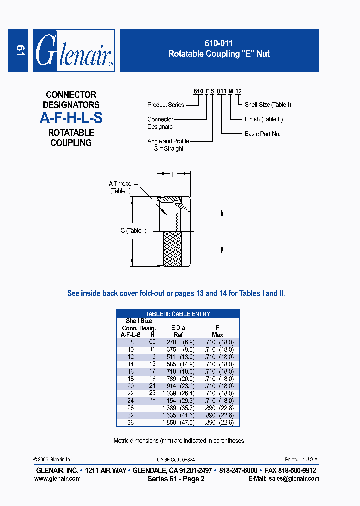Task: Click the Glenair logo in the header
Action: (x=74, y=51)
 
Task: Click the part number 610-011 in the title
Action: (x=219, y=44)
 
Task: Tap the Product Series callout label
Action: (x=166, y=105)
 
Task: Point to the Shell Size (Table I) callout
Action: (x=268, y=105)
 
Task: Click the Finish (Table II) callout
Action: (x=264, y=119)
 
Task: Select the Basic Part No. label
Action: (x=263, y=134)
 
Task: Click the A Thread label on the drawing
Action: (x=120, y=184)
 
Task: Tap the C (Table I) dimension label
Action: (x=133, y=231)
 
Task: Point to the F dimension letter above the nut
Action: (x=173, y=174)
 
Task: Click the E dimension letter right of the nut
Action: (x=222, y=231)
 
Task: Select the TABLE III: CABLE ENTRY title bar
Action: (x=178, y=314)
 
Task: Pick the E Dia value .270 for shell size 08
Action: (x=170, y=342)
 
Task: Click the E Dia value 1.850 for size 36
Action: (x=169, y=423)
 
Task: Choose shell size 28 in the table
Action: (x=131, y=408)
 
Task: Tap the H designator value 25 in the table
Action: (x=153, y=400)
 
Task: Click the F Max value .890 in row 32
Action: (x=210, y=415)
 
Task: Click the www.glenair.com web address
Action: (x=57, y=478)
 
